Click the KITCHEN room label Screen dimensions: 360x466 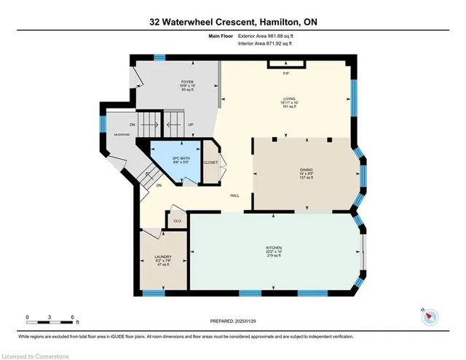click(274, 248)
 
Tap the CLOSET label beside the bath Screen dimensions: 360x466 click(211, 163)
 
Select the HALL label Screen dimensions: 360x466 click(235, 195)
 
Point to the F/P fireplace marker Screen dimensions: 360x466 click(286, 73)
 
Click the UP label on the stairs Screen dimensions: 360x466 click(191, 125)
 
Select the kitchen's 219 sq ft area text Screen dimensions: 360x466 click(274, 257)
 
